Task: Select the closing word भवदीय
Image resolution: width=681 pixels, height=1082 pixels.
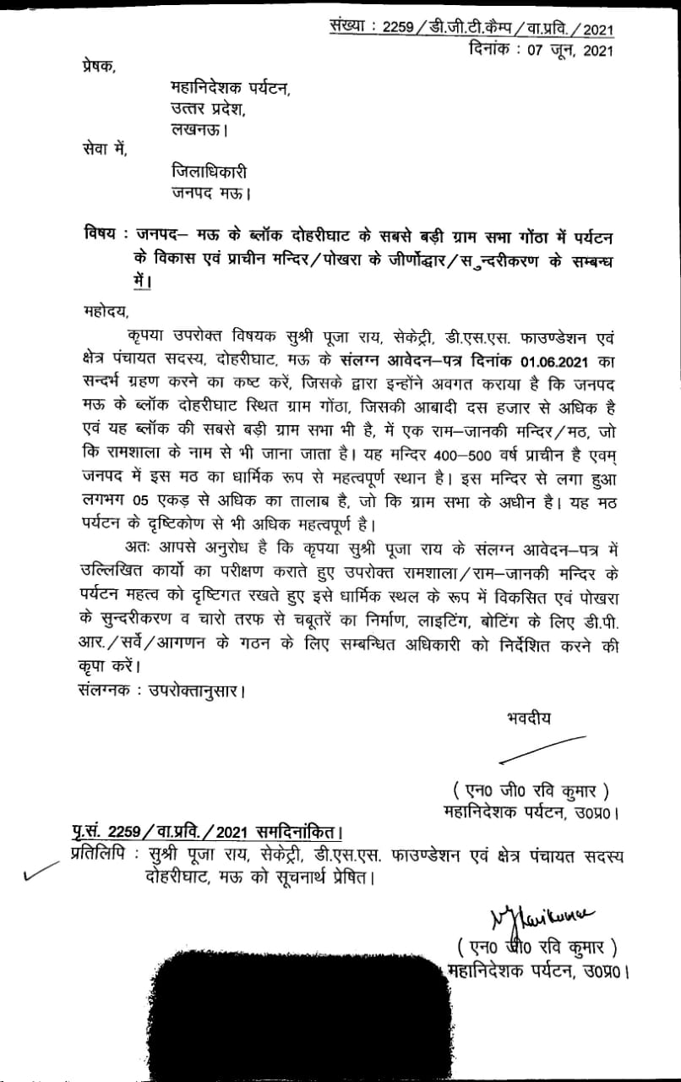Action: [522, 719]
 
